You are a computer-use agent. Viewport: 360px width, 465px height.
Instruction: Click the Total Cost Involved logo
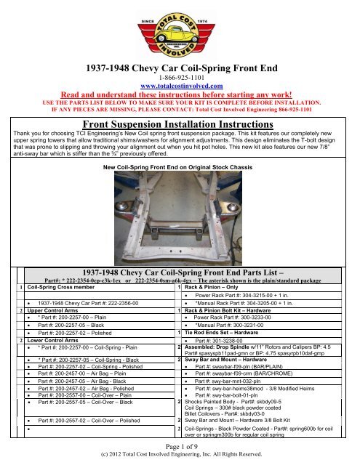coord(179,32)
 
